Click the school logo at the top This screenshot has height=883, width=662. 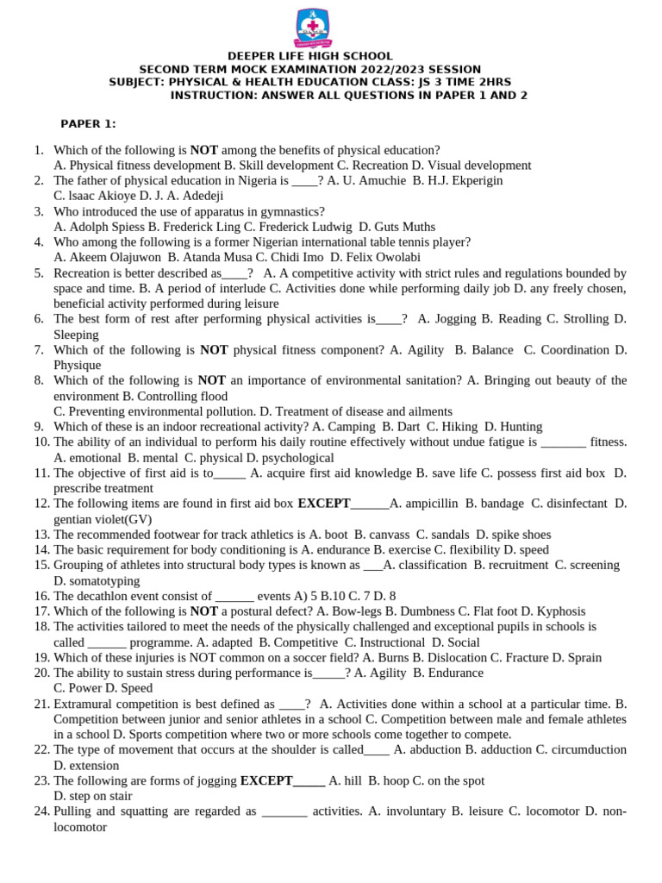pyautogui.click(x=312, y=28)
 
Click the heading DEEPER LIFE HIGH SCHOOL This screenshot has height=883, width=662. pyautogui.click(x=310, y=56)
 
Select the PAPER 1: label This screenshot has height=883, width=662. pyautogui.click(x=88, y=123)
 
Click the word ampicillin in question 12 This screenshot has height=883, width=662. pyautogui.click(x=429, y=504)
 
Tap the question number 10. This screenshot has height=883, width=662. pyautogui.click(x=41, y=442)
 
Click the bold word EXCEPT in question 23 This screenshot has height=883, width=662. pyautogui.click(x=266, y=780)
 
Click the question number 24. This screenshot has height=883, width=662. pyautogui.click(x=41, y=811)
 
